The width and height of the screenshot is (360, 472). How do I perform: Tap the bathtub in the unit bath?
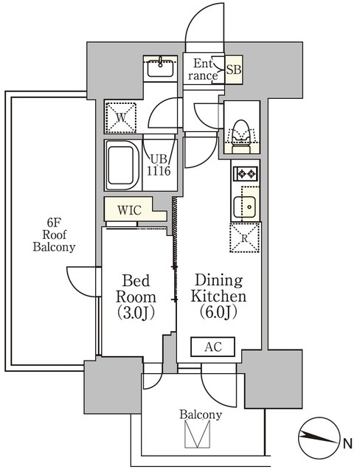point(122,165)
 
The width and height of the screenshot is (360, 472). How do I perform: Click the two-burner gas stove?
point(246,174)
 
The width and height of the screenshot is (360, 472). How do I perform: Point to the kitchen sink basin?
point(245,206)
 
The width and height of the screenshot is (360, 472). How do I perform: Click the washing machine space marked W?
point(121,117)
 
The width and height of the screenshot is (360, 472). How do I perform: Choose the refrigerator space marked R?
point(245,237)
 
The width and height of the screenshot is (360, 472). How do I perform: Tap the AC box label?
point(213,347)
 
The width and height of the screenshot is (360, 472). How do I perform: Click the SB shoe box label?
point(234,69)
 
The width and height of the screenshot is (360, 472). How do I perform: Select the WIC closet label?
point(129,210)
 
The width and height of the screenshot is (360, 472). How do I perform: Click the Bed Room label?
point(136,296)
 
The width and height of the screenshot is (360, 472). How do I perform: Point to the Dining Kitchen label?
point(218,296)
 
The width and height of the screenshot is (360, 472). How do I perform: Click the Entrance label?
point(203,69)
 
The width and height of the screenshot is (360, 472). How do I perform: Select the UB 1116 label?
point(159,165)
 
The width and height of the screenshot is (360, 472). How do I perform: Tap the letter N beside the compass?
point(348,444)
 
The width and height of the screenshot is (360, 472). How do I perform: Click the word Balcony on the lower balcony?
point(201,415)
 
